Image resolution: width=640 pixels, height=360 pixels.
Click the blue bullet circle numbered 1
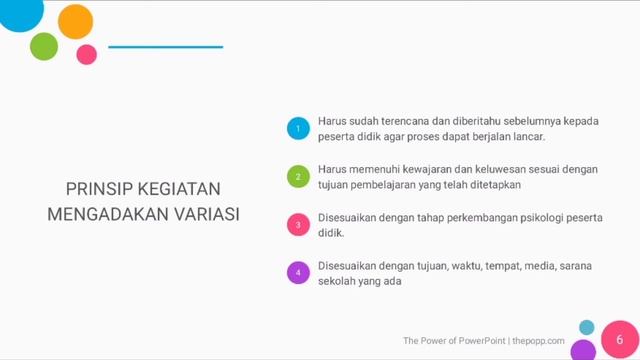(297, 128)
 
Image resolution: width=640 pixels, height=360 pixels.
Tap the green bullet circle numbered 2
(297, 177)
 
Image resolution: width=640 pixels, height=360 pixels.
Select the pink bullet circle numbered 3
(297, 225)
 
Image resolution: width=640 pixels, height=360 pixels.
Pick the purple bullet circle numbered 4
(297, 273)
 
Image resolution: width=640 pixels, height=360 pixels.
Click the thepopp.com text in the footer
(539, 341)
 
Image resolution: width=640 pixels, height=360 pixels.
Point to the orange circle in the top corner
(76, 20)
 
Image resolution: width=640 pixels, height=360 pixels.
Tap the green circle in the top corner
(44, 46)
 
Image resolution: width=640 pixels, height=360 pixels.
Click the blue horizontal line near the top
(165, 47)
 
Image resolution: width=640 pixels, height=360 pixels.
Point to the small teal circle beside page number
(587, 327)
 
